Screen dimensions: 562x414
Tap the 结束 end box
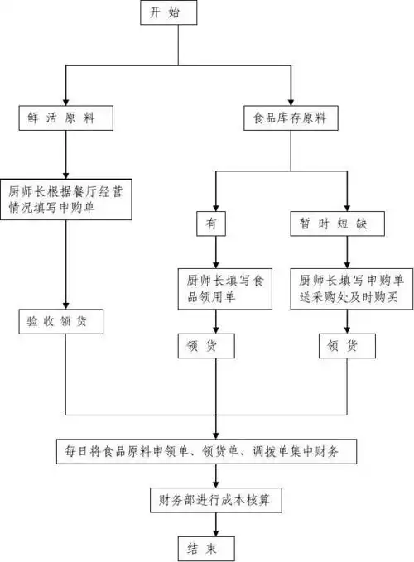(x=210, y=547)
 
